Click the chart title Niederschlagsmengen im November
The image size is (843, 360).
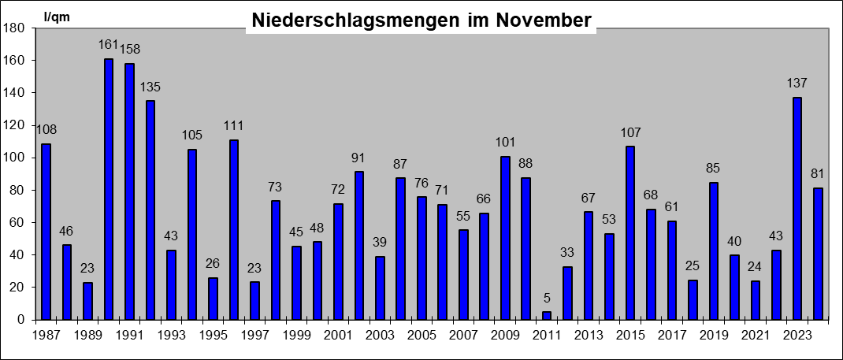coord(421,20)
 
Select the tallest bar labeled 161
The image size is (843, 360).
coord(108,189)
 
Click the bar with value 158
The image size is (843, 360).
coord(129,191)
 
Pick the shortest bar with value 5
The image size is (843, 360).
coord(546,315)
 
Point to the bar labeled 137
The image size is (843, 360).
coord(797,208)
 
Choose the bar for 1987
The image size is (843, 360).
coord(46,232)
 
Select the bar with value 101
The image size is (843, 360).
coord(505,238)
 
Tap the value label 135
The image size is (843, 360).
coord(150,87)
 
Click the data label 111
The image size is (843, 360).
coord(234,126)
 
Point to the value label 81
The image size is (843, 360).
coord(818,174)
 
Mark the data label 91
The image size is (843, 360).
coord(359,158)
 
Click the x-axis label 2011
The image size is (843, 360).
coord(546,336)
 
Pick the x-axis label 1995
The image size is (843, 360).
coord(213,336)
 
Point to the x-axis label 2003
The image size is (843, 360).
coord(380,336)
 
